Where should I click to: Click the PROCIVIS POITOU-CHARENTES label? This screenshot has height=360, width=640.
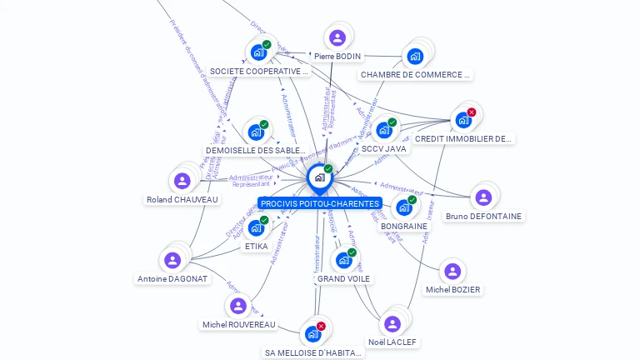(x=319, y=203)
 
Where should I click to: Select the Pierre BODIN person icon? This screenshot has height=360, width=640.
(x=337, y=38)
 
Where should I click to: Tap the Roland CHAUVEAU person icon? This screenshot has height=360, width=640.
(x=182, y=181)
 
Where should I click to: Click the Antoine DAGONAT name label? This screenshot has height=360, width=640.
(x=172, y=279)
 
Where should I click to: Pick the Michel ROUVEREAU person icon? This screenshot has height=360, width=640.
(x=238, y=306)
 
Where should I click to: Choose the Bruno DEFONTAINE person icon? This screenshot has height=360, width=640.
(x=482, y=197)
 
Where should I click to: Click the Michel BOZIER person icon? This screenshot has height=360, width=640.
(x=452, y=271)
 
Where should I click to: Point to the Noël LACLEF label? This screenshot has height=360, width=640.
(x=392, y=342)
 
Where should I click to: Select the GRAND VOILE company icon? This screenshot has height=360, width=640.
(x=343, y=260)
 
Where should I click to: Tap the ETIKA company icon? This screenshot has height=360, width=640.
(x=256, y=227)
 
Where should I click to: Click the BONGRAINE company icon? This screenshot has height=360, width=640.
(x=404, y=207)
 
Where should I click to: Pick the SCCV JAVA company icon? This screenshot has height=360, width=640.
(x=383, y=130)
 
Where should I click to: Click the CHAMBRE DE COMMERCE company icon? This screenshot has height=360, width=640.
(x=414, y=57)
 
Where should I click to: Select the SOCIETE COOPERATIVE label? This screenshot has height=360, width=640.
(x=259, y=72)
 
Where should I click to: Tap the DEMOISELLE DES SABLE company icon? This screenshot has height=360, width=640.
(x=256, y=132)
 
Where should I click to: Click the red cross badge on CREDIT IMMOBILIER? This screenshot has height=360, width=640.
(x=472, y=112)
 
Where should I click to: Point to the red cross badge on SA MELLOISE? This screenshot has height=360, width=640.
(x=321, y=326)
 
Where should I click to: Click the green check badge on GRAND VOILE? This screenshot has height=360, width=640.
(x=352, y=252)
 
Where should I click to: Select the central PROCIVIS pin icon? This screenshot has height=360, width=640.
(x=318, y=177)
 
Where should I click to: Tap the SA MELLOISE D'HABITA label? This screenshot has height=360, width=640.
(x=314, y=352)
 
